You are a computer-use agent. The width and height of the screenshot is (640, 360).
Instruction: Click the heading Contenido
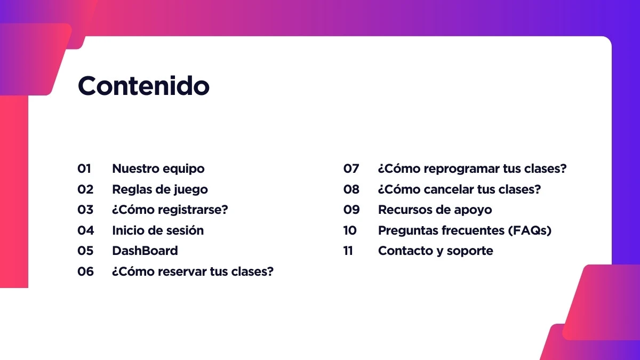(x=143, y=86)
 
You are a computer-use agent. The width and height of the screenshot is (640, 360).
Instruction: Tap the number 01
(x=84, y=169)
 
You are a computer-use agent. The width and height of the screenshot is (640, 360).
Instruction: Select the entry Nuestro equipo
(x=158, y=169)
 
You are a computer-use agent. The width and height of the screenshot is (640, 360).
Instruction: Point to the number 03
(x=85, y=210)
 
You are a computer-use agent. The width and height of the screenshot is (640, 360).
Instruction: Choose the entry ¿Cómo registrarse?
(x=170, y=210)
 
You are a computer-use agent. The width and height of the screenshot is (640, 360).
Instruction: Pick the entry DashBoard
(x=145, y=251)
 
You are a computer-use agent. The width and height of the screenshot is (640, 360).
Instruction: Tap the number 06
(x=85, y=271)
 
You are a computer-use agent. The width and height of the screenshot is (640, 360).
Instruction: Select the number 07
(x=351, y=169)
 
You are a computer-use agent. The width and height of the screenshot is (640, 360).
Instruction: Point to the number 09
(x=351, y=210)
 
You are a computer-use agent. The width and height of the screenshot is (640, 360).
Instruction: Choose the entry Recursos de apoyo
(x=435, y=210)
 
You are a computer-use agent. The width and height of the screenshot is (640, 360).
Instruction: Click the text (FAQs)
(x=530, y=230)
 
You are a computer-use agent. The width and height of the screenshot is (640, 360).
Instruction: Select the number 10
(x=350, y=230)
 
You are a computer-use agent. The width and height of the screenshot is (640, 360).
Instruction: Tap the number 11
(x=348, y=251)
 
